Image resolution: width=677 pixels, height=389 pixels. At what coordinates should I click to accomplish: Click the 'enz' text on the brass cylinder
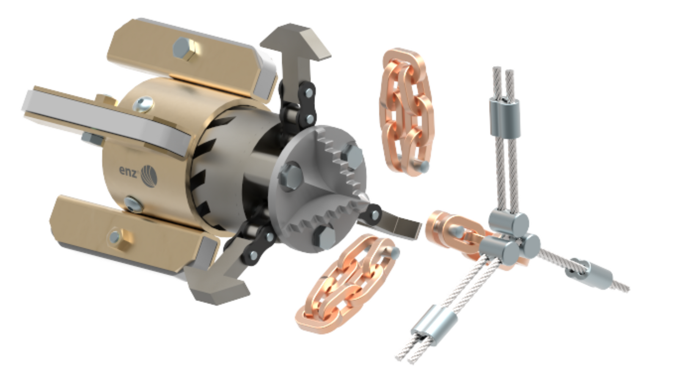129,171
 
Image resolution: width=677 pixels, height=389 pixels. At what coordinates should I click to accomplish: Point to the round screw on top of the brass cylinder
143,104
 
